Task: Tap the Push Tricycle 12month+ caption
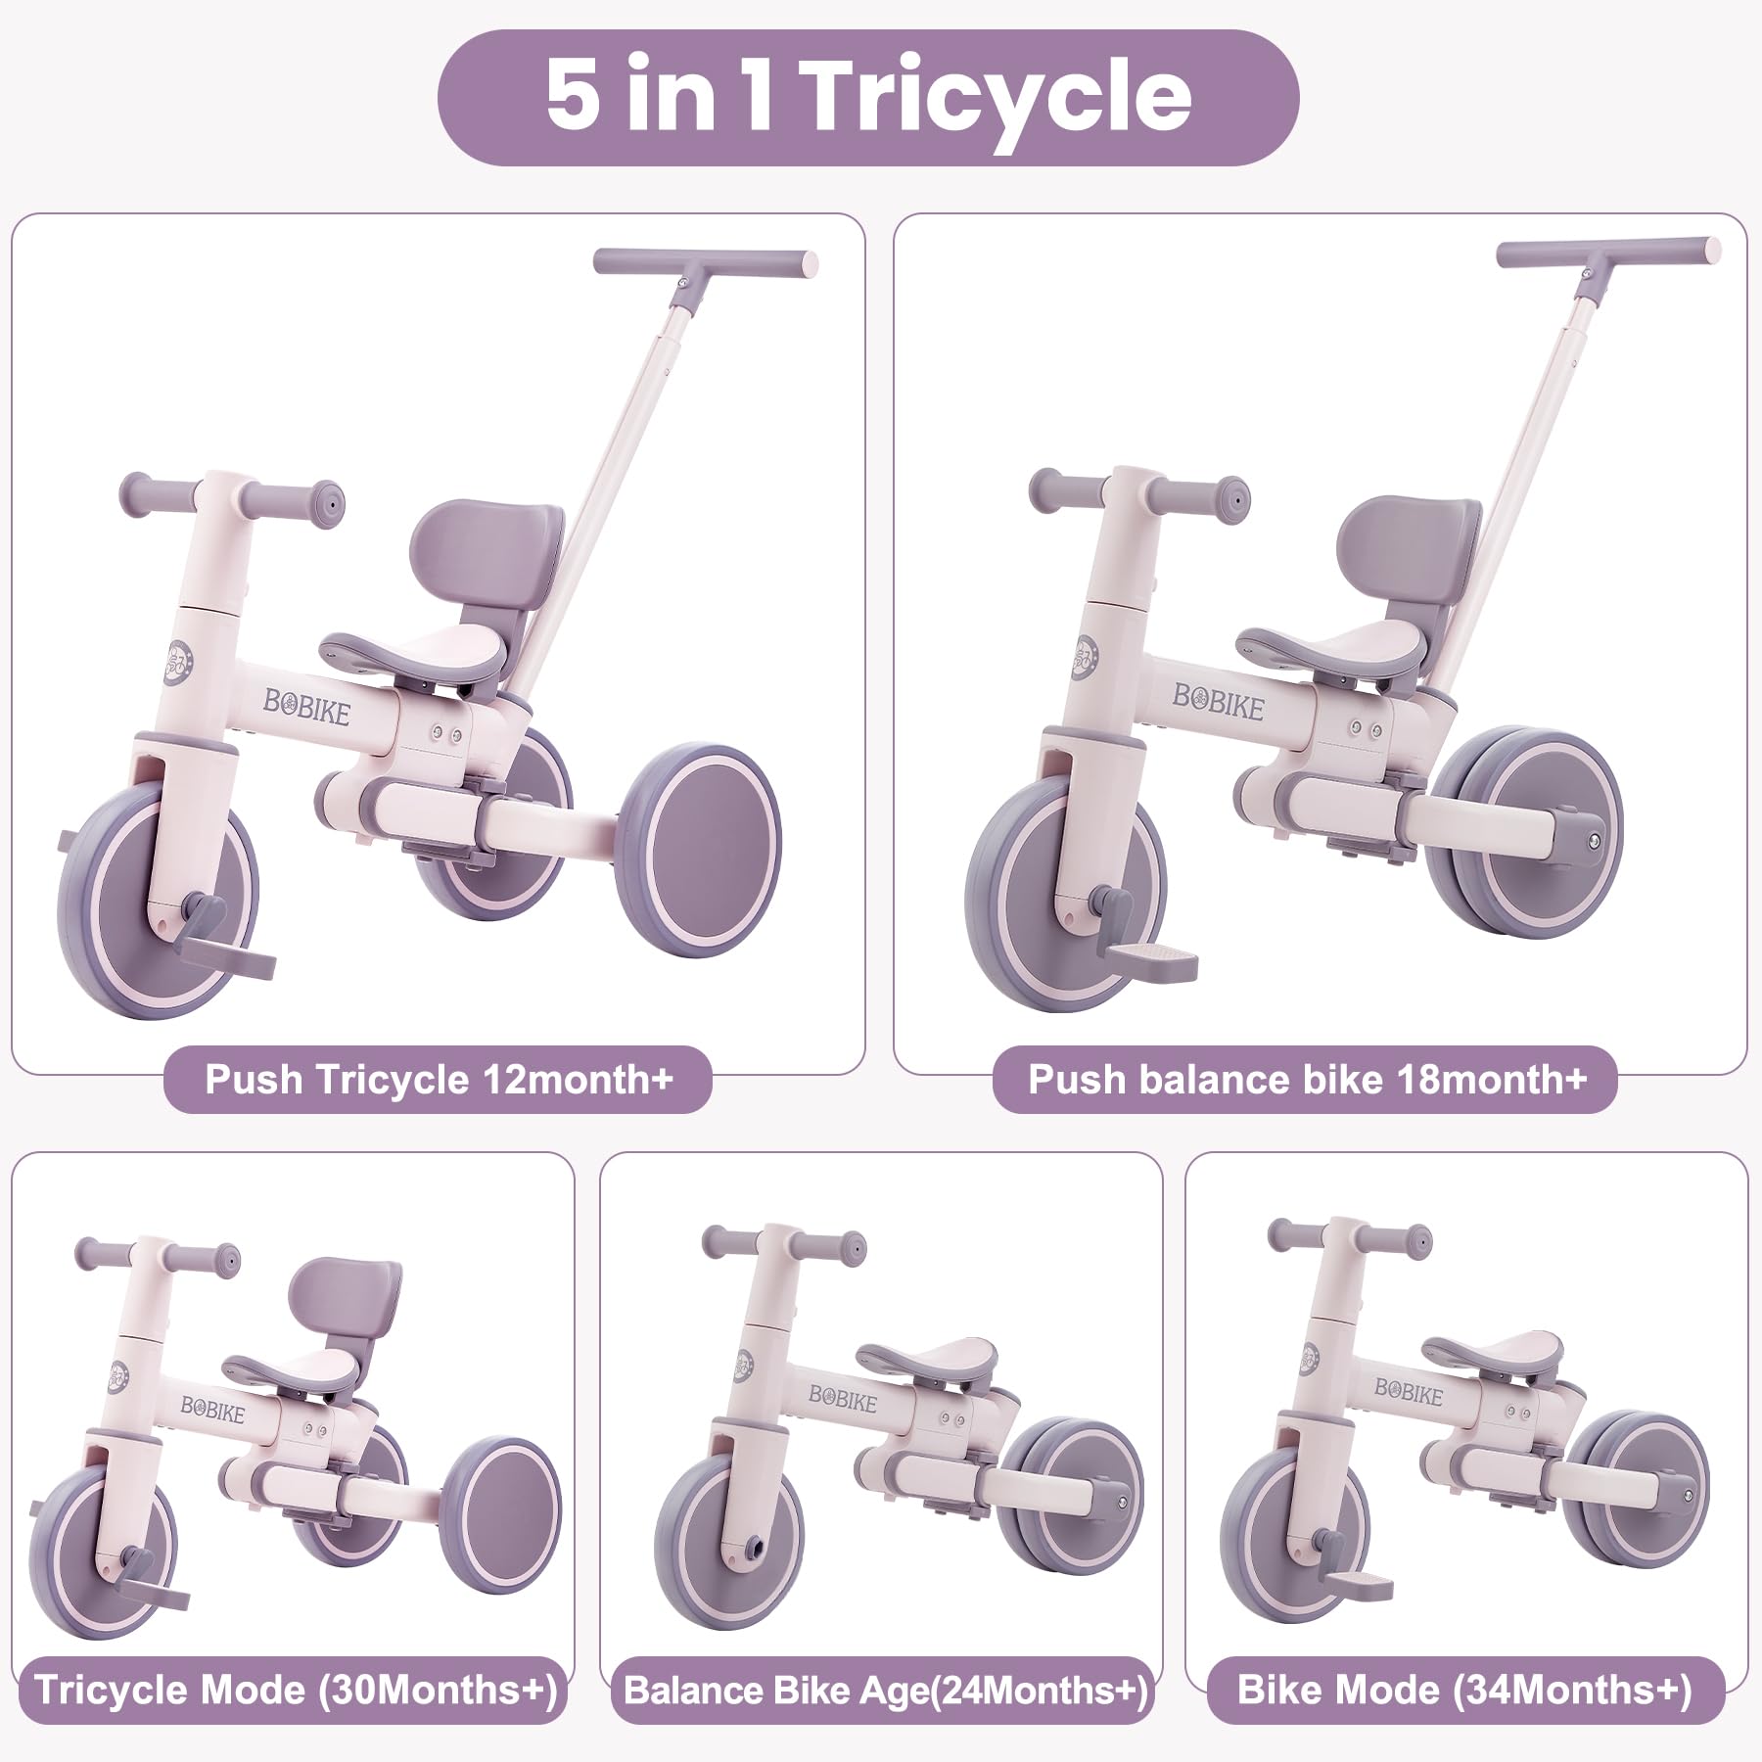point(439,1080)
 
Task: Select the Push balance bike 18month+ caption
point(1306,1080)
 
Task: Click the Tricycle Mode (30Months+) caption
point(296,1691)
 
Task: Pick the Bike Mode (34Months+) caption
point(1464,1691)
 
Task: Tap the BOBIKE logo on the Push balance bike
point(1219,701)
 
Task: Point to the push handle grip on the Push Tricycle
point(705,263)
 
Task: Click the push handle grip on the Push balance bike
point(1607,252)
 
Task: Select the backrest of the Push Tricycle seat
point(487,548)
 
